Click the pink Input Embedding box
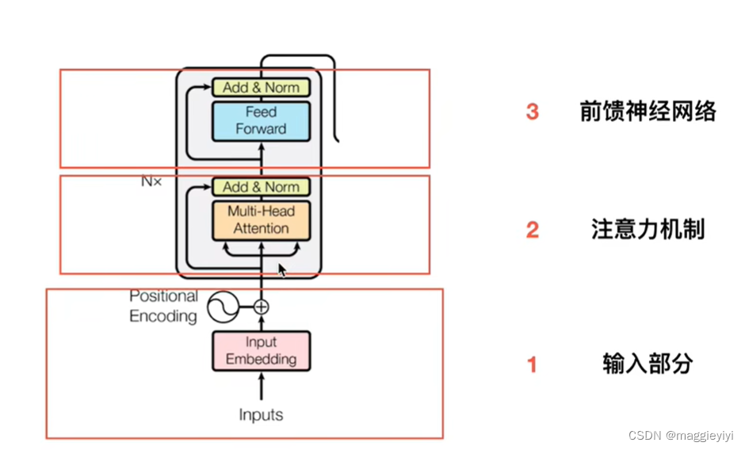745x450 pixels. coord(261,350)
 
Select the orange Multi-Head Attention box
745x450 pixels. coord(261,220)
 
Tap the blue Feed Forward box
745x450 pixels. coord(261,120)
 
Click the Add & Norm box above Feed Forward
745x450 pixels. coord(261,87)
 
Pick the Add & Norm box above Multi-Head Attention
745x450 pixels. coord(261,187)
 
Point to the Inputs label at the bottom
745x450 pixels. coord(261,414)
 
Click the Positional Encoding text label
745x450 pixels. coord(163,306)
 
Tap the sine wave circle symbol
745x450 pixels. coord(224,307)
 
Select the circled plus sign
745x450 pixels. coord(261,307)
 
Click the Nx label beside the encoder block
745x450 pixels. coord(151,181)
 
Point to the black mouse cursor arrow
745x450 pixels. coord(282,270)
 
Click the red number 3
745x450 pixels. coord(533,112)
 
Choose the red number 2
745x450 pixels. coord(533,230)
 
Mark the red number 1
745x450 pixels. coord(533,365)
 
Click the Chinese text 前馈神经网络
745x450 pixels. coord(648,112)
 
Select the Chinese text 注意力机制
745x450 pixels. coord(648,230)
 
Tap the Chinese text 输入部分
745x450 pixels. coord(648,364)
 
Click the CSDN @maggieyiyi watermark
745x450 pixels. coord(681,436)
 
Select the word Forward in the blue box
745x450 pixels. coord(261,128)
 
